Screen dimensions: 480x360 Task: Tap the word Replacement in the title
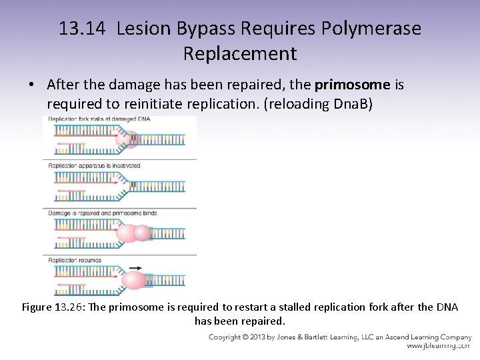tap(240, 53)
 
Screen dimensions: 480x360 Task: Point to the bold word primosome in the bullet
tap(351, 85)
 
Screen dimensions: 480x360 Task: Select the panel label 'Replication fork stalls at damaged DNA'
tap(99, 119)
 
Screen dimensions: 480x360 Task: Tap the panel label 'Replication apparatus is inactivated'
tap(94, 165)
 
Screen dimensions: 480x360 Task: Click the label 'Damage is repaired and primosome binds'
tap(103, 213)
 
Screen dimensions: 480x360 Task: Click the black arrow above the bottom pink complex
tap(135, 268)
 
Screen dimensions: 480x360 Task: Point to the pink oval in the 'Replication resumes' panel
tap(133, 281)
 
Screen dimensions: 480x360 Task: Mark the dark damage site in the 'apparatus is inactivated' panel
tap(133, 185)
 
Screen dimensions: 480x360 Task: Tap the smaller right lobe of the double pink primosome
tap(143, 233)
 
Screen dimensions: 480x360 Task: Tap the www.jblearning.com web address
tap(439, 347)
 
